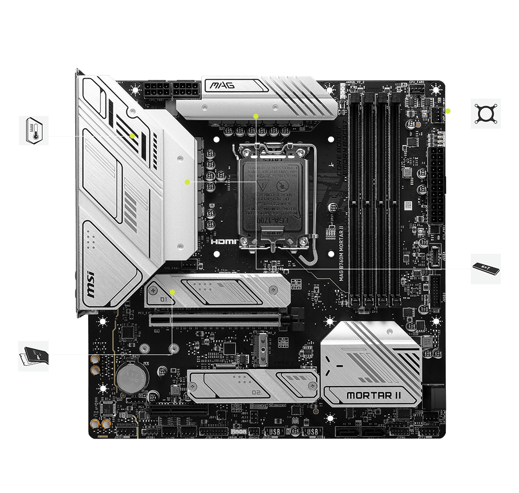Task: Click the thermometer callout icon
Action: click(34, 130)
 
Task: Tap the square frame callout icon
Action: click(486, 113)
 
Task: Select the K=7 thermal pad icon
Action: click(486, 268)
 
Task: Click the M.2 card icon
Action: click(33, 356)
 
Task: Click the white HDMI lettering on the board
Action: click(224, 241)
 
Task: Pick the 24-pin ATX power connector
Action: click(437, 186)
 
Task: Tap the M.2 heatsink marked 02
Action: click(253, 386)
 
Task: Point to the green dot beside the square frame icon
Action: click(448, 110)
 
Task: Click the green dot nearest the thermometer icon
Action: click(133, 136)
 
